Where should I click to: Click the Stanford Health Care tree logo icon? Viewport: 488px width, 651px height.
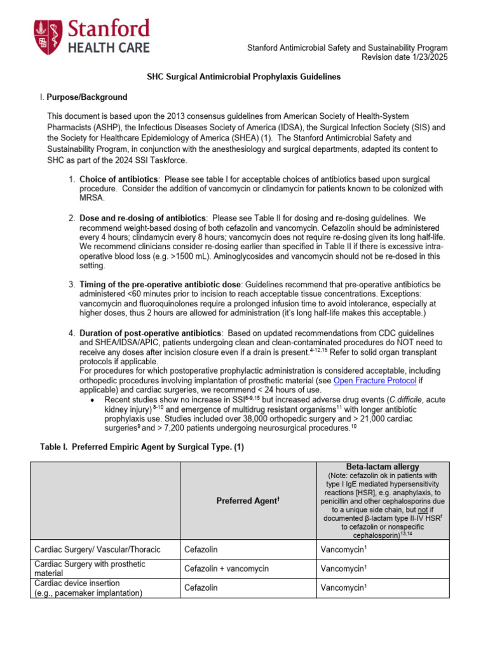tap(47, 36)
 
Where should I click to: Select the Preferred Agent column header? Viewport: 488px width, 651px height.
tap(247, 501)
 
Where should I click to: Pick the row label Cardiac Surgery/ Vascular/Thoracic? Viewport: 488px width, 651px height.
tap(97, 549)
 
